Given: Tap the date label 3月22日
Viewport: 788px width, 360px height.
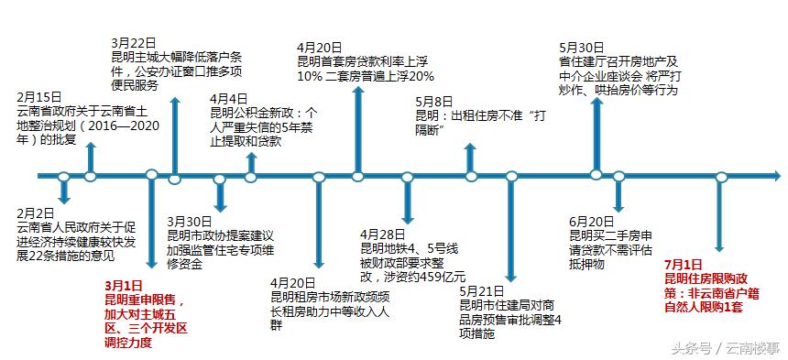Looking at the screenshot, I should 132,42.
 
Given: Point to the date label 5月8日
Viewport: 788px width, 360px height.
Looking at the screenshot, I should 433,101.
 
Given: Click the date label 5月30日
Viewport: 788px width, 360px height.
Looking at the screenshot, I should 581,47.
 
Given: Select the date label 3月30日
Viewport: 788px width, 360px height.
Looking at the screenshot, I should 190,221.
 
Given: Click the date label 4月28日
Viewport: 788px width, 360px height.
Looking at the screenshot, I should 382,234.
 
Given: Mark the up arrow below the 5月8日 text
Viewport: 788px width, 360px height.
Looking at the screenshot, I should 471,158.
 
